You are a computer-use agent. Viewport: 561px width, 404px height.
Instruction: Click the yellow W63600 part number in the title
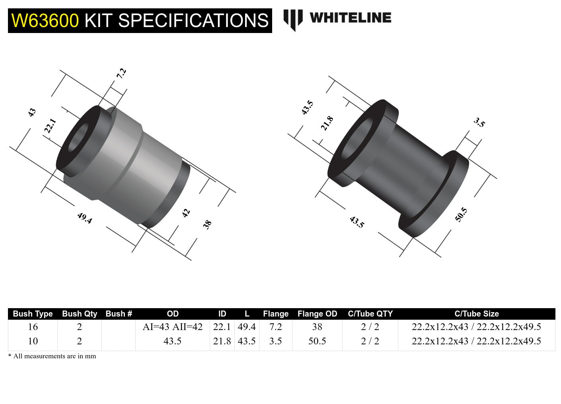(45, 21)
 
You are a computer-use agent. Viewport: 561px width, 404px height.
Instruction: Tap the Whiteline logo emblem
(293, 19)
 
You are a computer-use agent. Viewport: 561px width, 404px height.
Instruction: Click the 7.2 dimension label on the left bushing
(121, 73)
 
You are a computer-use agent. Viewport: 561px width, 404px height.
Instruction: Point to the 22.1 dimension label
(50, 126)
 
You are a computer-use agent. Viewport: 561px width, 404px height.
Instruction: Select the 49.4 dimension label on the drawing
(84, 218)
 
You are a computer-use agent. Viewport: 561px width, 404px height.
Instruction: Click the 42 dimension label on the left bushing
(186, 213)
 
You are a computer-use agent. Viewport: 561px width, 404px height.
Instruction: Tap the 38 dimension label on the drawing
(207, 225)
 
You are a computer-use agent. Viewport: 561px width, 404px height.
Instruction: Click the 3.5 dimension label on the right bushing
(479, 122)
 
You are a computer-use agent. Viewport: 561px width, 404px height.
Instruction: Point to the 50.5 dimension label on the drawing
(461, 215)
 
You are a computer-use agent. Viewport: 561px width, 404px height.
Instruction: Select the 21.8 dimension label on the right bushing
(327, 123)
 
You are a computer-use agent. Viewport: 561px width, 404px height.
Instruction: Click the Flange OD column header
(317, 314)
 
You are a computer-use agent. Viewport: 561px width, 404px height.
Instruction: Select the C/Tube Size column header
(476, 314)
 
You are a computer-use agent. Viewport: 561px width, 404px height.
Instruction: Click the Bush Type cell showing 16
(33, 327)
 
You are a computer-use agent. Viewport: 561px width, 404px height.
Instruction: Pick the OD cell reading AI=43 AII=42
(172, 327)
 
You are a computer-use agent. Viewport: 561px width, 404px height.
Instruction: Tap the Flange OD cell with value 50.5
(317, 341)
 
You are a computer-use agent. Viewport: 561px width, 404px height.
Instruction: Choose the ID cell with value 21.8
(222, 341)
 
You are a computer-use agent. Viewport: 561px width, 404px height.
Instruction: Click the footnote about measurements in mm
(52, 356)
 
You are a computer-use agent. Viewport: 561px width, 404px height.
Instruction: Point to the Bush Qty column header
(80, 314)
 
